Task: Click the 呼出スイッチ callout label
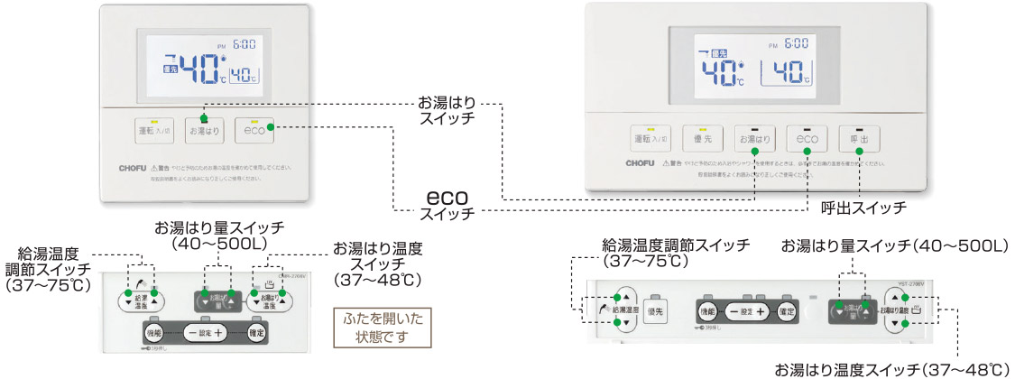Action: pyautogui.click(x=863, y=208)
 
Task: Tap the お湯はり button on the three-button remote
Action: pyautogui.click(x=204, y=130)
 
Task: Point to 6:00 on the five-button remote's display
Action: pyautogui.click(x=795, y=42)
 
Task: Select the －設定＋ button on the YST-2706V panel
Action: pyautogui.click(x=747, y=310)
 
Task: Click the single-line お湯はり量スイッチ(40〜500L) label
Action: pyautogui.click(x=893, y=245)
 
